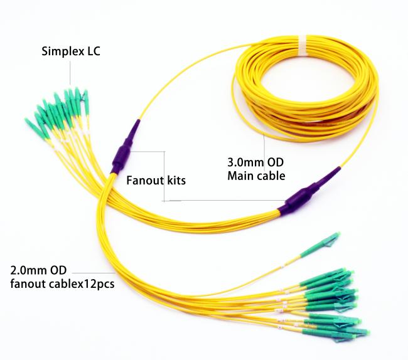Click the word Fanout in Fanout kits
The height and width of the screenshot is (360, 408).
pyautogui.click(x=145, y=181)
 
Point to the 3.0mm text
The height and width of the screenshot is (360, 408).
pyautogui.click(x=246, y=162)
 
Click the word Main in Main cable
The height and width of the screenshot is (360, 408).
pyautogui.click(x=239, y=176)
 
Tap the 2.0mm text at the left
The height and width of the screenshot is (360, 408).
pyautogui.click(x=27, y=270)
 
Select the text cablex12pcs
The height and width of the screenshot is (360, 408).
pyautogui.click(x=82, y=284)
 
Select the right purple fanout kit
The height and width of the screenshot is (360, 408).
pyautogui.click(x=309, y=193)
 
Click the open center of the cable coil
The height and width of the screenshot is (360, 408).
pyautogui.click(x=304, y=87)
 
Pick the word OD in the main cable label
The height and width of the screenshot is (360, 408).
pyautogui.click(x=276, y=162)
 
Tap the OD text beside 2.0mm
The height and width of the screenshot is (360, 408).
pyautogui.click(x=58, y=270)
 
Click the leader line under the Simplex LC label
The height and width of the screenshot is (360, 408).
pyautogui.click(x=70, y=73)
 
